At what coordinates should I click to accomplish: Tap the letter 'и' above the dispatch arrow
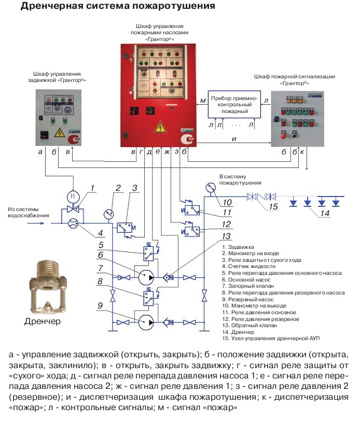coord(234,138)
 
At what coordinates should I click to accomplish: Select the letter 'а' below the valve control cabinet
coord(40,152)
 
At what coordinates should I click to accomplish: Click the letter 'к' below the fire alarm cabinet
coord(302,152)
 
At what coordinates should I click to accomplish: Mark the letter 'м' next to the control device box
coord(203,100)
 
